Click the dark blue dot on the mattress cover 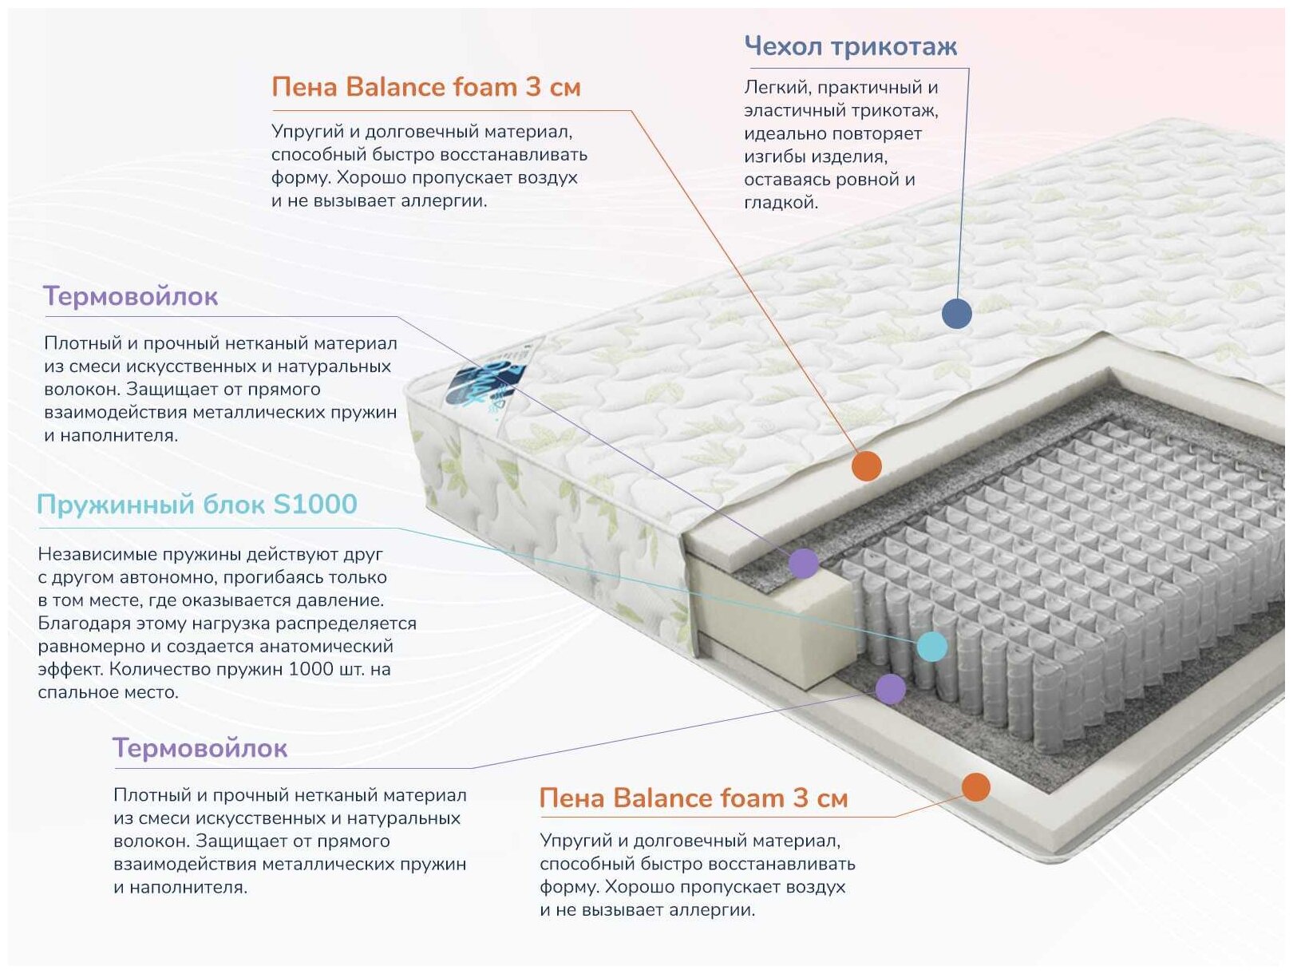(x=956, y=313)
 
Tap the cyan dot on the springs (x=931, y=646)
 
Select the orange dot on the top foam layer (x=866, y=465)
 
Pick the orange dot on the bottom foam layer (x=975, y=787)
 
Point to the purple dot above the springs (x=804, y=563)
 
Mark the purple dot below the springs (x=890, y=688)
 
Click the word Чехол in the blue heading (x=783, y=46)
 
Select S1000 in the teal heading (x=314, y=505)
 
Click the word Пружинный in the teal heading (x=115, y=505)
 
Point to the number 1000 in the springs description (x=310, y=669)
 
